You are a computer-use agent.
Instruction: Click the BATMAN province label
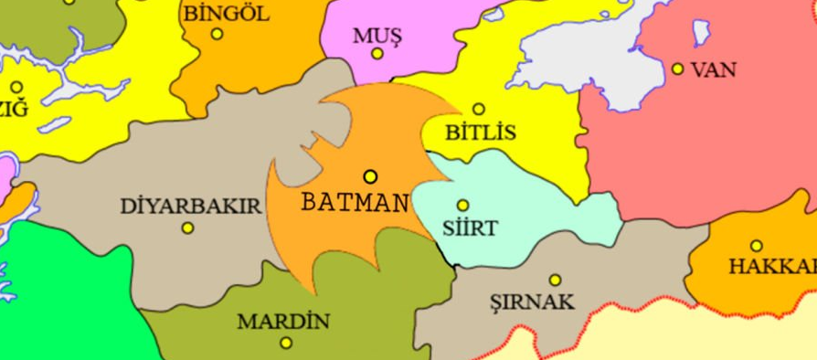(x=355, y=201)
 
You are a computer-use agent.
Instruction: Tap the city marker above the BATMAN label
(x=370, y=176)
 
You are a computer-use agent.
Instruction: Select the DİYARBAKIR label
(x=191, y=206)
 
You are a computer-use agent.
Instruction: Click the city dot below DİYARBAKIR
(x=188, y=228)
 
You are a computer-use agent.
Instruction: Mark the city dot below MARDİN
(x=287, y=344)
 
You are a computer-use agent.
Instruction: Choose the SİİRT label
(x=469, y=228)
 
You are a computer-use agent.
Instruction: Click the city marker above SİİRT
(x=462, y=206)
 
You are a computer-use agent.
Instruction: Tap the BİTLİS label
(x=480, y=132)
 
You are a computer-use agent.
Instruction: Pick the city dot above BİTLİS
(x=478, y=109)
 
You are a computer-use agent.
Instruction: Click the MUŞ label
(x=377, y=35)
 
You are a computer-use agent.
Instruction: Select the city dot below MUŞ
(x=377, y=54)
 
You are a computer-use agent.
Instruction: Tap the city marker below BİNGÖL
(x=217, y=34)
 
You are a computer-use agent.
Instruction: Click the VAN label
(x=714, y=69)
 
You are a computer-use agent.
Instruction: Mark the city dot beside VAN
(x=677, y=69)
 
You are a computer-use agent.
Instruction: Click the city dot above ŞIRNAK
(x=555, y=281)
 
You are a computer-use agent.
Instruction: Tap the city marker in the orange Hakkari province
(x=756, y=245)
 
